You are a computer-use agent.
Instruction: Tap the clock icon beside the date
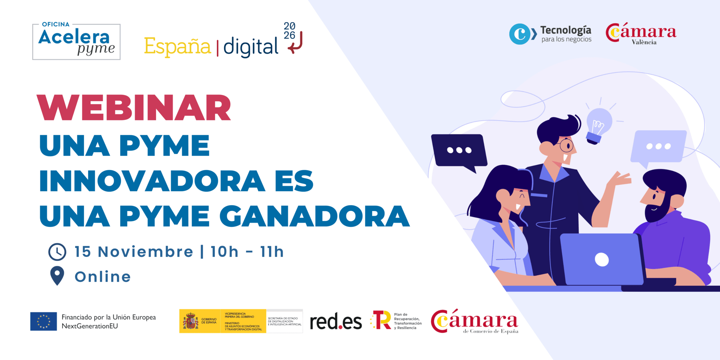(x=57, y=252)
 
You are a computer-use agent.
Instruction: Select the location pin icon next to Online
(x=57, y=276)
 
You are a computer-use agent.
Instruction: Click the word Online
(x=103, y=277)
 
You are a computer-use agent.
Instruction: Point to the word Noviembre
(x=145, y=252)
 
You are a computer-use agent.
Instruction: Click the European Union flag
(x=43, y=321)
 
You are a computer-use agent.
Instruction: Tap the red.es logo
(x=336, y=322)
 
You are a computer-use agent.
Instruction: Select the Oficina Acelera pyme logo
(x=76, y=42)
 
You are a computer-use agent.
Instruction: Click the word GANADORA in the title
(x=314, y=216)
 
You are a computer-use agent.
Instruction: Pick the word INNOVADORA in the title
(x=152, y=181)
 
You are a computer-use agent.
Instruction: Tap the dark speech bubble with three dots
(x=459, y=151)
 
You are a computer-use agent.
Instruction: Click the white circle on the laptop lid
(x=601, y=259)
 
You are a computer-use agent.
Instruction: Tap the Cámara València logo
(x=641, y=34)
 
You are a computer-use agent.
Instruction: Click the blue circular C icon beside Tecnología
(x=520, y=34)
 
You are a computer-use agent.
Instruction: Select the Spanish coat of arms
(x=190, y=321)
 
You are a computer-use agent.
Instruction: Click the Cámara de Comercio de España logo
(x=474, y=322)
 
